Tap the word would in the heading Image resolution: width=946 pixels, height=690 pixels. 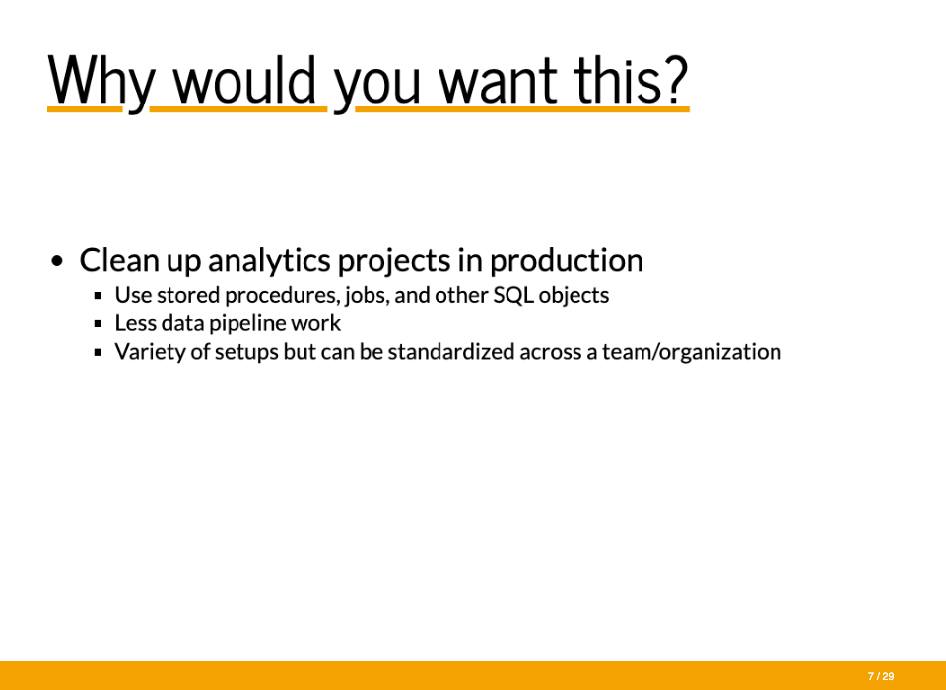coord(245,80)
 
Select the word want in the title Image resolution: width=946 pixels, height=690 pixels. coord(498,83)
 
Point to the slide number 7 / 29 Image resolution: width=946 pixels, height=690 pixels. coord(881,677)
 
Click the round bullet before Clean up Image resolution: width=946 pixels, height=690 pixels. coord(57,261)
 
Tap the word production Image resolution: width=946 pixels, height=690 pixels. coord(566,261)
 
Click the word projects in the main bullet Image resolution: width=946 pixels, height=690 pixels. coord(394,261)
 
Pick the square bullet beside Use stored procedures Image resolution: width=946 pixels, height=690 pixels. coord(99,296)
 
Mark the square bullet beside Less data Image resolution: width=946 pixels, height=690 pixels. coord(99,324)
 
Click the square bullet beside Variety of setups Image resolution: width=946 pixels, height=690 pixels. coord(99,353)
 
